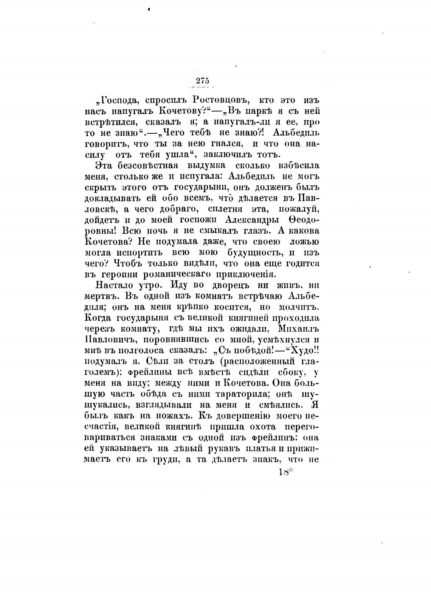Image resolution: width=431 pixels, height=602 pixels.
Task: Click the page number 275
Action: (203, 81)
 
